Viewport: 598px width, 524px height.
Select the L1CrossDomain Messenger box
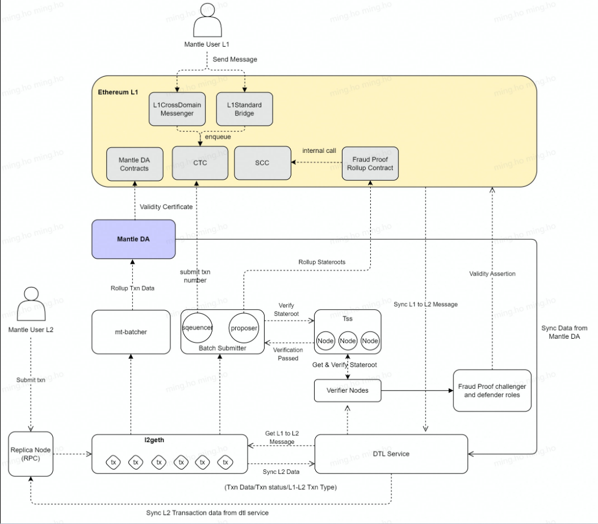coord(177,109)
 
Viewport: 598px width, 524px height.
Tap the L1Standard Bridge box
coord(244,109)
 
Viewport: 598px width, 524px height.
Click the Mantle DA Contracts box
coord(134,164)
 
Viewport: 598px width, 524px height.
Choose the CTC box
coord(199,163)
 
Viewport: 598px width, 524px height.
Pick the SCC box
coord(262,163)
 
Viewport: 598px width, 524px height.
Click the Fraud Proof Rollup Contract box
coord(370,164)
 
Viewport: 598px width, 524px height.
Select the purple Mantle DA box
coord(133,239)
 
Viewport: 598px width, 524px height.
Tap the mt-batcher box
coord(131,331)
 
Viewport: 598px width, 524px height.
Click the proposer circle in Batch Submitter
coord(244,328)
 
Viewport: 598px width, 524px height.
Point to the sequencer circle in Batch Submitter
coord(198,328)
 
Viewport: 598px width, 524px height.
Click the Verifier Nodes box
coord(348,390)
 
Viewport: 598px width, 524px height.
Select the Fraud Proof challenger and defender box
coord(492,390)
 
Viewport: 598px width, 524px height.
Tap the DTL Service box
coord(391,454)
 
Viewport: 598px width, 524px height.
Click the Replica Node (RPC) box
coord(31,454)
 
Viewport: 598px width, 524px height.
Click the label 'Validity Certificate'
coord(166,207)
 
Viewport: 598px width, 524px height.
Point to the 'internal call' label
coord(319,151)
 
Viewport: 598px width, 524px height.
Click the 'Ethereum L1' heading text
coord(118,91)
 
